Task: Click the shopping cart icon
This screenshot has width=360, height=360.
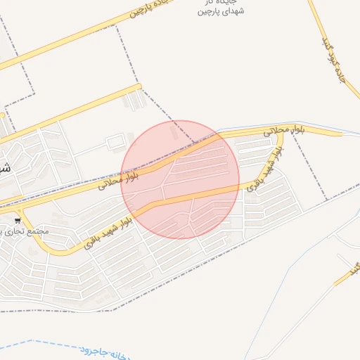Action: click(17, 220)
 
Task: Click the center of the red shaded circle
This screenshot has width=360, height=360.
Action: click(180, 179)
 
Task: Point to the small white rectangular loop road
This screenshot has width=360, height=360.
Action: click(115, 143)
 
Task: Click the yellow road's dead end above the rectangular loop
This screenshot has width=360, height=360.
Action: click(139, 87)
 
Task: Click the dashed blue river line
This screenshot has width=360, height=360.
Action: click(42, 344)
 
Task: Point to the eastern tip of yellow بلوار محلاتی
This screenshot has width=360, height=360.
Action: click(342, 133)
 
